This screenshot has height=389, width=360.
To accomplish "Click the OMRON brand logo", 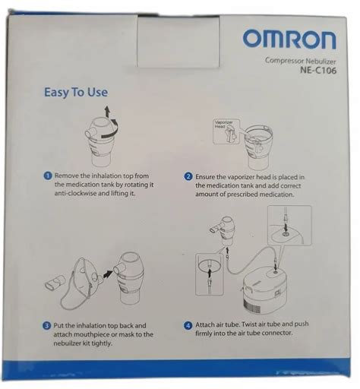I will coord(289,39).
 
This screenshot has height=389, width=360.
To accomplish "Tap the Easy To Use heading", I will coord(76,93).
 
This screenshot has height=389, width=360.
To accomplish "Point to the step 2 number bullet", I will coord(188,175).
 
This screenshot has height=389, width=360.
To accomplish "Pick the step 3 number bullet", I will coord(47,325).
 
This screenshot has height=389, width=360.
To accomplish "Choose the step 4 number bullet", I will coord(188,325).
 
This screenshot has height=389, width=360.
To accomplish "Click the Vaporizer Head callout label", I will coord(225,125).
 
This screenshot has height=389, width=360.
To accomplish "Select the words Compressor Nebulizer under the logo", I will coord(300,60).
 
